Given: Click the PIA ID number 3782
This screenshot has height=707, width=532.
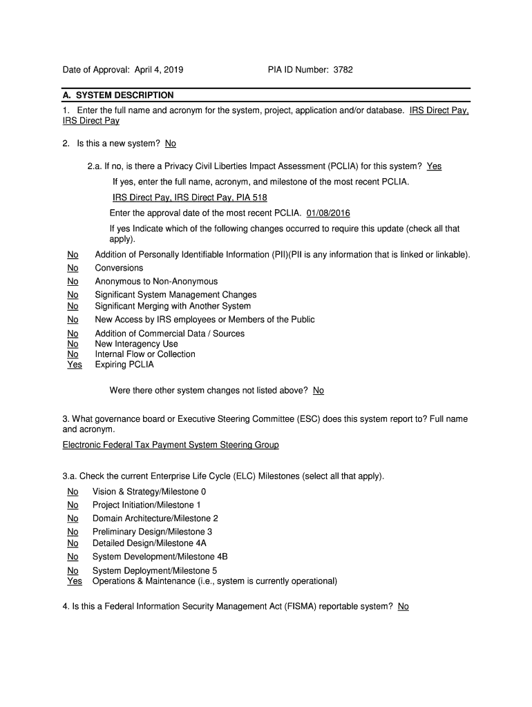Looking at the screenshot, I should [x=343, y=70].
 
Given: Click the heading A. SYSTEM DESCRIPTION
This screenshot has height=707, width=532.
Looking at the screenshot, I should [x=118, y=95].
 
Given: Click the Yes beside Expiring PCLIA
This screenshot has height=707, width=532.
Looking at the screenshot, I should [x=74, y=365].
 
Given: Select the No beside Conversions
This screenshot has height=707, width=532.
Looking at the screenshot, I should [x=73, y=268].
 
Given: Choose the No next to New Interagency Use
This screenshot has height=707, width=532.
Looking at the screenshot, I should [x=73, y=344].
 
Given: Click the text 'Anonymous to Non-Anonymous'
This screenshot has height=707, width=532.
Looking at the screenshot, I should [x=156, y=282].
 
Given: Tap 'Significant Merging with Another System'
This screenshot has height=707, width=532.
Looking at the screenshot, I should [x=173, y=306].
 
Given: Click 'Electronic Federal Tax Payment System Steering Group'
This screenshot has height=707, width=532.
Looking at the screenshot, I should [x=171, y=445].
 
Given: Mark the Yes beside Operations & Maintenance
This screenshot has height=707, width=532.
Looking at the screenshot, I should [x=74, y=581].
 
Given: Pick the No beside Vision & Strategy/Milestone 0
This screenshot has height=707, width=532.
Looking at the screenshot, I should [x=73, y=492].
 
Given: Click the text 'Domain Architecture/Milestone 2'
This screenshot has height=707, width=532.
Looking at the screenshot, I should [x=155, y=519].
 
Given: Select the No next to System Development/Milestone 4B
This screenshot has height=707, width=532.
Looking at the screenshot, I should [x=73, y=556].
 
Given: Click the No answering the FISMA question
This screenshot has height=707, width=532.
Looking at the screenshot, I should [x=403, y=607].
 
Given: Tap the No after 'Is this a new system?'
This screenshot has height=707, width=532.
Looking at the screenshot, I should [x=171, y=144].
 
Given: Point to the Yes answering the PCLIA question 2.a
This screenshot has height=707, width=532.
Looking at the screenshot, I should [x=434, y=166].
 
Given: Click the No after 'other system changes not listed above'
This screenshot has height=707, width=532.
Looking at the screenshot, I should [x=319, y=391].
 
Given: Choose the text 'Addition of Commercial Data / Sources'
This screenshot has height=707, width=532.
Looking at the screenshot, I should [x=169, y=333].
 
